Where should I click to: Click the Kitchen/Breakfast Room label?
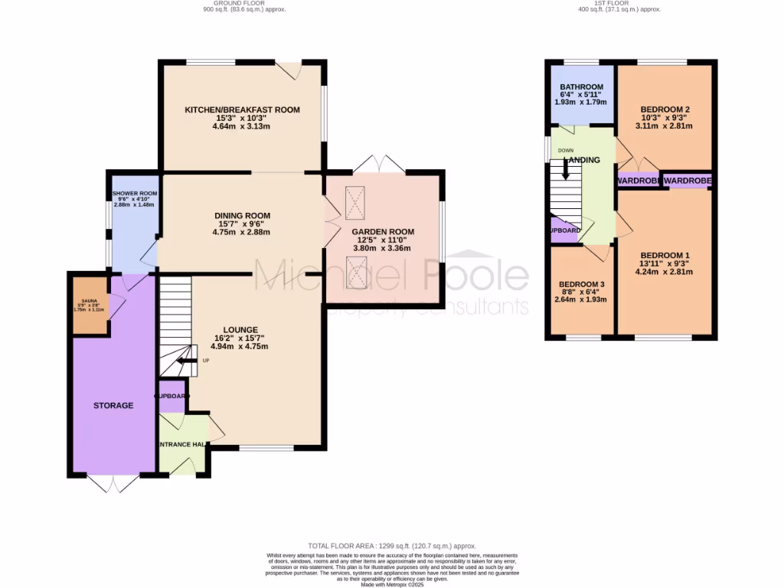coord(242,110)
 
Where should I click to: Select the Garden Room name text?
coord(382,232)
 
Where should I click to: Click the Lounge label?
coord(242,329)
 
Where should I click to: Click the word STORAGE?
coord(113,405)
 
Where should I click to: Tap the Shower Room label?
coord(134,194)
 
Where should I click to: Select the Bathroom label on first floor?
coord(581,87)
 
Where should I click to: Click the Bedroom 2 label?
coord(665,109)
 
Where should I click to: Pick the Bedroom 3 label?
coord(581,285)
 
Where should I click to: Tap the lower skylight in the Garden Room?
coord(356,273)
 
